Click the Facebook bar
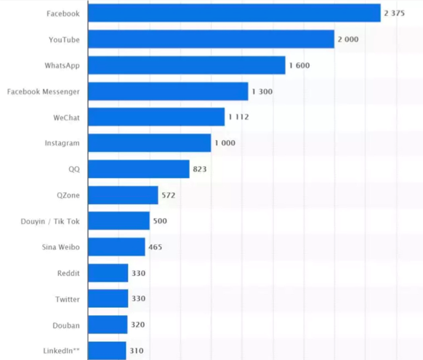tap(234, 13)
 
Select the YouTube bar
tap(211, 39)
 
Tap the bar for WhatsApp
tap(186, 65)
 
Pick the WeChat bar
tap(156, 117)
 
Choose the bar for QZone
tap(123, 195)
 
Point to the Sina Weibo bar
tap(117, 247)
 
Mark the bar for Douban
tap(108, 324)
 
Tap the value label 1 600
tap(299, 66)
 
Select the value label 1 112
tap(238, 117)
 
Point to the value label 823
tap(200, 169)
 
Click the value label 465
tap(155, 247)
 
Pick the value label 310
tap(136, 351)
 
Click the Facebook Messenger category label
tap(43, 91)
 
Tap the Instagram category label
tap(62, 143)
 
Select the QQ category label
tap(74, 169)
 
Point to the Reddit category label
tap(68, 273)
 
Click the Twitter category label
tap(67, 299)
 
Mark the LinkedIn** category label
tap(62, 351)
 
